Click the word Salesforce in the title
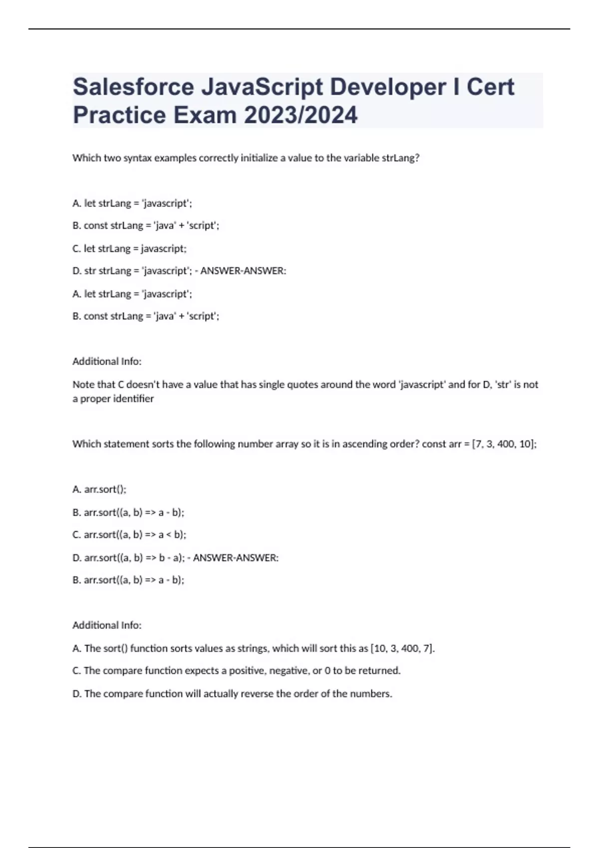[x=133, y=87]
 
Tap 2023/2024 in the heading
[x=300, y=115]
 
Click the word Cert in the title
[x=490, y=87]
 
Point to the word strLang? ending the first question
[x=400, y=158]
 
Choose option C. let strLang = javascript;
[x=129, y=248]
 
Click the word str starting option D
[x=90, y=271]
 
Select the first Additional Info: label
[x=107, y=361]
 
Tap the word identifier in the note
[x=132, y=399]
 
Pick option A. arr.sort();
[x=99, y=489]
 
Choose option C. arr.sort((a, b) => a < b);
[x=129, y=535]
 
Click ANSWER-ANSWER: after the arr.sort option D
[x=236, y=558]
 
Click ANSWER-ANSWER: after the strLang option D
[x=243, y=271]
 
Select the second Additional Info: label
[x=107, y=625]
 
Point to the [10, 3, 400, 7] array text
[x=402, y=648]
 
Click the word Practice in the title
[x=119, y=115]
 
